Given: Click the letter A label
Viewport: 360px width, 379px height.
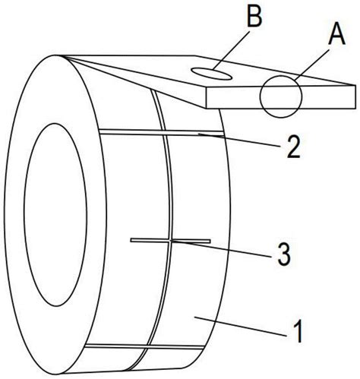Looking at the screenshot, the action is (x=337, y=36).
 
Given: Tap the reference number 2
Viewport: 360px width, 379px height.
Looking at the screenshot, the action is (x=293, y=147).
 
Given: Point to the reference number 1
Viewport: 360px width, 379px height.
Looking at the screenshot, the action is (x=298, y=330).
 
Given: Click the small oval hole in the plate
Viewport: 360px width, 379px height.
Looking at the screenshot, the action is (x=211, y=74).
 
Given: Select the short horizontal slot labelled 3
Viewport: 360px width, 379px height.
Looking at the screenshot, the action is (x=170, y=241).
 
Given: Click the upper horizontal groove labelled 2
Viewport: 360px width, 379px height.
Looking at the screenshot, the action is (x=162, y=132).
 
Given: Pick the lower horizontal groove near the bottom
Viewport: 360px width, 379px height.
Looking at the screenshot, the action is (x=144, y=346).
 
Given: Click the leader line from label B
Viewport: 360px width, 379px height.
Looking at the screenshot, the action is (x=231, y=50).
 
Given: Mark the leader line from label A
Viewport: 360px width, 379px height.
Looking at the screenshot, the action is (x=312, y=65).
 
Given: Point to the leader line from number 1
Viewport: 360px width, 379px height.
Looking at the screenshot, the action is (x=240, y=326).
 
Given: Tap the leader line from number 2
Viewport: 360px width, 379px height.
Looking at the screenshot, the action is (x=238, y=140).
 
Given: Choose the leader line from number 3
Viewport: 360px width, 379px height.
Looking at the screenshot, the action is (x=221, y=248).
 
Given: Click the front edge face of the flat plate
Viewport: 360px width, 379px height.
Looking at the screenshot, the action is (x=281, y=97).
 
